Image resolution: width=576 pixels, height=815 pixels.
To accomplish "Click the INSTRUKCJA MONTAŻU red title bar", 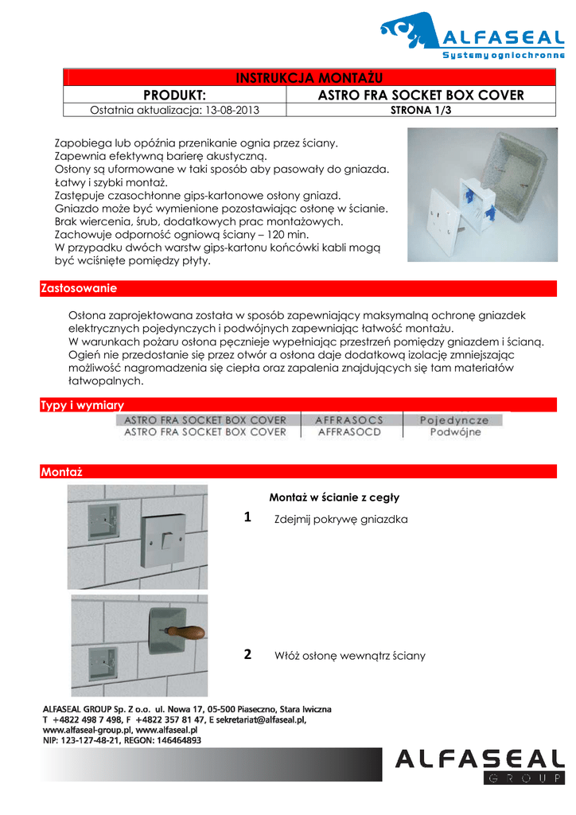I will pos(309,77).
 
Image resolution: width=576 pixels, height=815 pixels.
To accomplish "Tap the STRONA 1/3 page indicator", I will pos(420,111).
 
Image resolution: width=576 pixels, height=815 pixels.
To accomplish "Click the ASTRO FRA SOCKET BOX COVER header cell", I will pos(420,95).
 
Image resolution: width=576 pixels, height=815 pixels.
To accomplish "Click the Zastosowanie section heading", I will pos(79,288).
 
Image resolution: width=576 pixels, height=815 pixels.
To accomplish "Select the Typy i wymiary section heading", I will pos(82,406).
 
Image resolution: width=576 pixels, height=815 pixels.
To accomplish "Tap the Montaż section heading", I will pos(61,472).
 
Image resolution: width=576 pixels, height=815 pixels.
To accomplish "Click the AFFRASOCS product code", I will pos(349,419).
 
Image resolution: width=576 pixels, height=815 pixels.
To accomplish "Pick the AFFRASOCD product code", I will pos(349,432).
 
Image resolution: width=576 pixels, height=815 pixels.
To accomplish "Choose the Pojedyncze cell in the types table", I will pos(454,419).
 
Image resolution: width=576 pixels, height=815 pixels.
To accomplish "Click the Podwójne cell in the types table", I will pos(455,432).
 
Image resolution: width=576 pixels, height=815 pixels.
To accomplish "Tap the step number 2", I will pos(247,655).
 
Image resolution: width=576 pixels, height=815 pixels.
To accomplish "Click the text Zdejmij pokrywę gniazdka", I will pos(341,520).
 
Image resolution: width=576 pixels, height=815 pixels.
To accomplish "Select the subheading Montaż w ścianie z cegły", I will pos(334,497).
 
